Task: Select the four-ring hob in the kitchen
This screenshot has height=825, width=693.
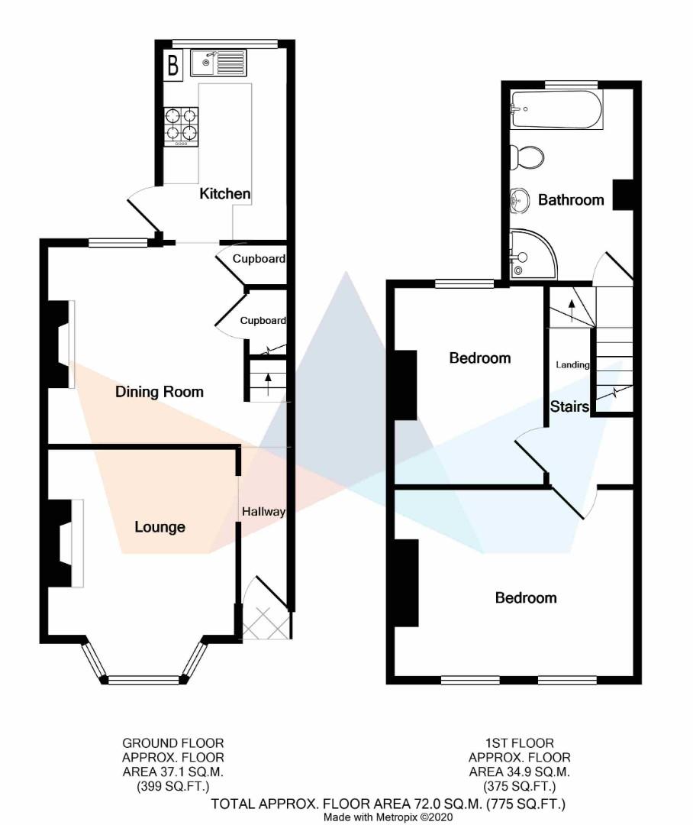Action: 182,125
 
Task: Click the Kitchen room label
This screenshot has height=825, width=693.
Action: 224,194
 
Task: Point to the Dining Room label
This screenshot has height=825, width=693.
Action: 160,392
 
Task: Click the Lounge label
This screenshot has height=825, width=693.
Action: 160,527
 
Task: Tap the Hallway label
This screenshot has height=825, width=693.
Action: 263,512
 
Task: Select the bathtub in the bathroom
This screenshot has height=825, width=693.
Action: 557,109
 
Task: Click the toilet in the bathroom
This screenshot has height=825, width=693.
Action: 527,157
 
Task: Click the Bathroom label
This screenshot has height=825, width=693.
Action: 571,200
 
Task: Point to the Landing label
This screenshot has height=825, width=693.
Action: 572,365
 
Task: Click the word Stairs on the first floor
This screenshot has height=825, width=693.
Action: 570,406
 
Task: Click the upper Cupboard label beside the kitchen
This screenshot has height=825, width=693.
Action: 259,259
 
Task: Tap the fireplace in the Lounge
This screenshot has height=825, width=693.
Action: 65,543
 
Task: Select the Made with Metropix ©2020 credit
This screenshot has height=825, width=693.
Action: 388,817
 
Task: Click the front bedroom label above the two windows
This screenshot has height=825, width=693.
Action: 526,598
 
